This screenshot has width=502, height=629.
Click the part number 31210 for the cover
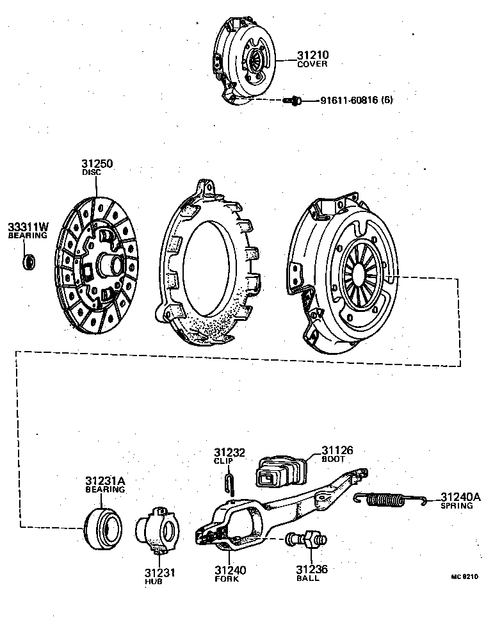point(312,56)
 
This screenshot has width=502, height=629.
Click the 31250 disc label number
point(97,164)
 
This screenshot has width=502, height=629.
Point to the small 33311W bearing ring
point(29,261)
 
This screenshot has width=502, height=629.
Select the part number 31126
point(337,451)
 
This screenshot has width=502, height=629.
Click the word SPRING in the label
point(457,506)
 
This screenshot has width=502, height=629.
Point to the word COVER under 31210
point(312,65)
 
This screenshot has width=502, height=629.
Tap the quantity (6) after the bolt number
point(387,101)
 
